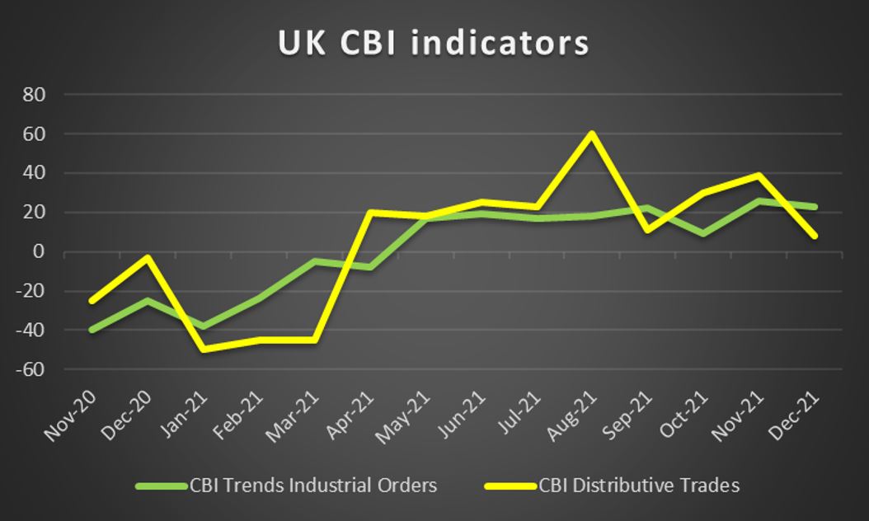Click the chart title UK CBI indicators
click(434, 43)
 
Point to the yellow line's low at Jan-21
click(203, 350)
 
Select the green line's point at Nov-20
click(92, 330)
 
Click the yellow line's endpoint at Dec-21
click(815, 237)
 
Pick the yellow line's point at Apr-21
click(369, 213)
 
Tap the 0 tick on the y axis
click(38, 252)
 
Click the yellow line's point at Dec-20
click(148, 257)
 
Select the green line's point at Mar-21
click(314, 261)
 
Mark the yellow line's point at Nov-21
click(759, 176)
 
